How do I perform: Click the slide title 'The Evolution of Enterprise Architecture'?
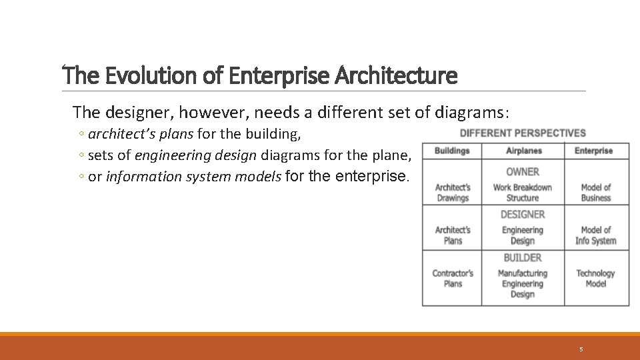[x=260, y=76]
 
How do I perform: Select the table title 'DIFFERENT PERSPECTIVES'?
[x=523, y=133]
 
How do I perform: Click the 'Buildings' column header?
[x=452, y=151]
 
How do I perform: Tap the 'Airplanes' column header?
[x=523, y=151]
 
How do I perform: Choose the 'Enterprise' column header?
[x=593, y=151]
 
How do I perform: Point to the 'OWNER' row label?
[x=523, y=172]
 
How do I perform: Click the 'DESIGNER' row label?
[x=523, y=215]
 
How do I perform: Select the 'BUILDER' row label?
[x=523, y=258]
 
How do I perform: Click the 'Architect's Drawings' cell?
[x=453, y=193]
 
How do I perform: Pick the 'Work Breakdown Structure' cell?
[x=523, y=193]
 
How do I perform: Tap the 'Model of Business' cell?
[x=595, y=193]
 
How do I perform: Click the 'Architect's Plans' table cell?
[x=453, y=235]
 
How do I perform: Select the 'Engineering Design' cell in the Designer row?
[x=523, y=235]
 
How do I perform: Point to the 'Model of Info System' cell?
[x=595, y=235]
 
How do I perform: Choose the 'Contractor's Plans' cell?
[x=453, y=278]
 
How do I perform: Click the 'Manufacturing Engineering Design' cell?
[x=523, y=283]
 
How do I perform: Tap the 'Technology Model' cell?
[x=595, y=278]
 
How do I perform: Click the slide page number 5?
[x=581, y=349]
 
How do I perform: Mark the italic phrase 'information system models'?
[x=195, y=177]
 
